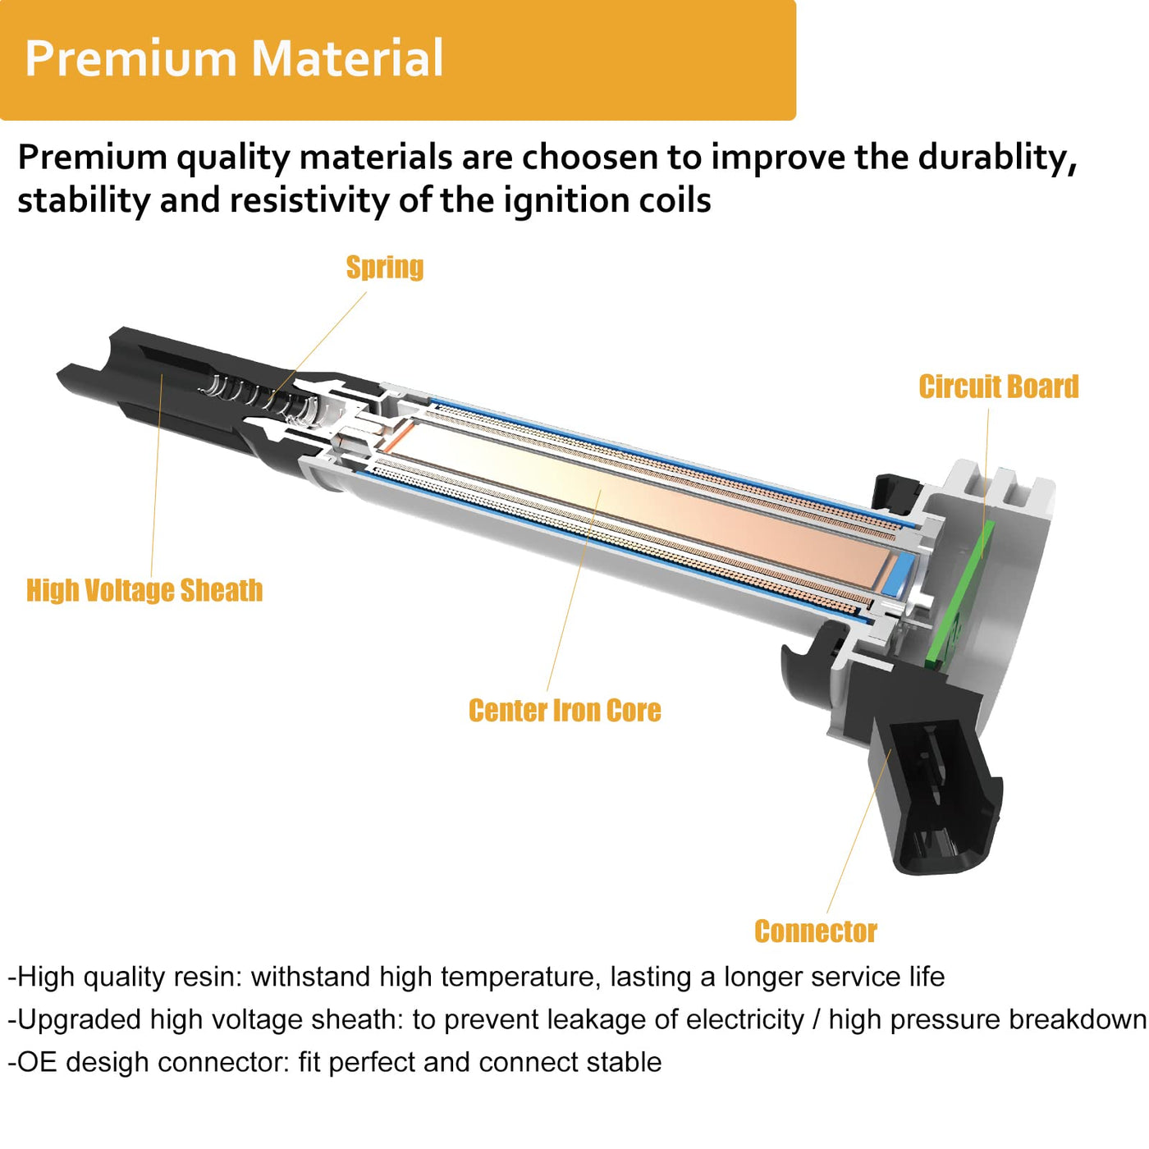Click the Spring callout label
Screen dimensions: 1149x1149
click(x=385, y=268)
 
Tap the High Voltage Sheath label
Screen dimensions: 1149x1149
click(x=144, y=590)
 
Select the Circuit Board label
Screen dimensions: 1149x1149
click(x=998, y=387)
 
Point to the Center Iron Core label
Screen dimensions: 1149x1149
click(x=565, y=710)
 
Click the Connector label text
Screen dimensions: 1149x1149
click(x=815, y=932)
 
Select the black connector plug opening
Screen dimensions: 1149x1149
click(x=934, y=799)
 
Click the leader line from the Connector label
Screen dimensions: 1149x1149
click(x=859, y=831)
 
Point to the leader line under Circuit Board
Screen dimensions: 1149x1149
click(x=985, y=483)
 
